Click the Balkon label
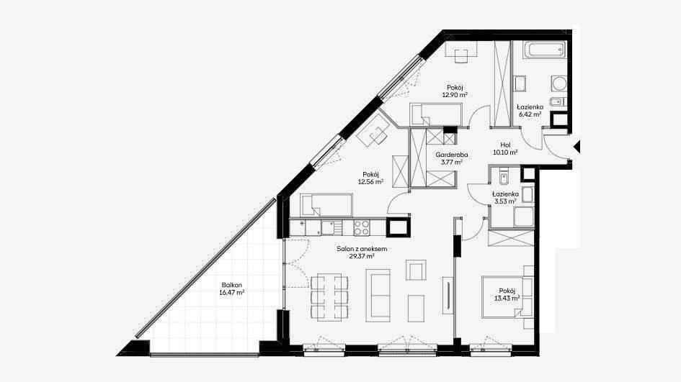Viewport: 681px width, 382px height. tap(231, 286)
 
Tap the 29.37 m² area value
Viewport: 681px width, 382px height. tap(362, 256)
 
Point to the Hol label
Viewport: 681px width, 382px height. tap(505, 145)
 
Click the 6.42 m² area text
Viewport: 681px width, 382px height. tap(530, 114)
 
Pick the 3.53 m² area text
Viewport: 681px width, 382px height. tap(504, 201)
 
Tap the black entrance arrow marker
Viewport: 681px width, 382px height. tap(577, 147)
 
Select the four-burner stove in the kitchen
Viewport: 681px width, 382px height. tap(362, 227)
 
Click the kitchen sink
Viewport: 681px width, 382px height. tap(331, 227)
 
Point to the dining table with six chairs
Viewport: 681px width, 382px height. tap(329, 297)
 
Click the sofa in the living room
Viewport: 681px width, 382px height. tap(378, 295)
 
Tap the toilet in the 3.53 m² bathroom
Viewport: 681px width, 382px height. tap(504, 176)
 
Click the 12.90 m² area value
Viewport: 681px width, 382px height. tap(455, 94)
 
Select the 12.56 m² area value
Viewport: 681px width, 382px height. tap(370, 182)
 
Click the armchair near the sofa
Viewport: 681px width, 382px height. tap(416, 270)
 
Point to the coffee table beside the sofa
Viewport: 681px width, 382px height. tap(416, 309)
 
